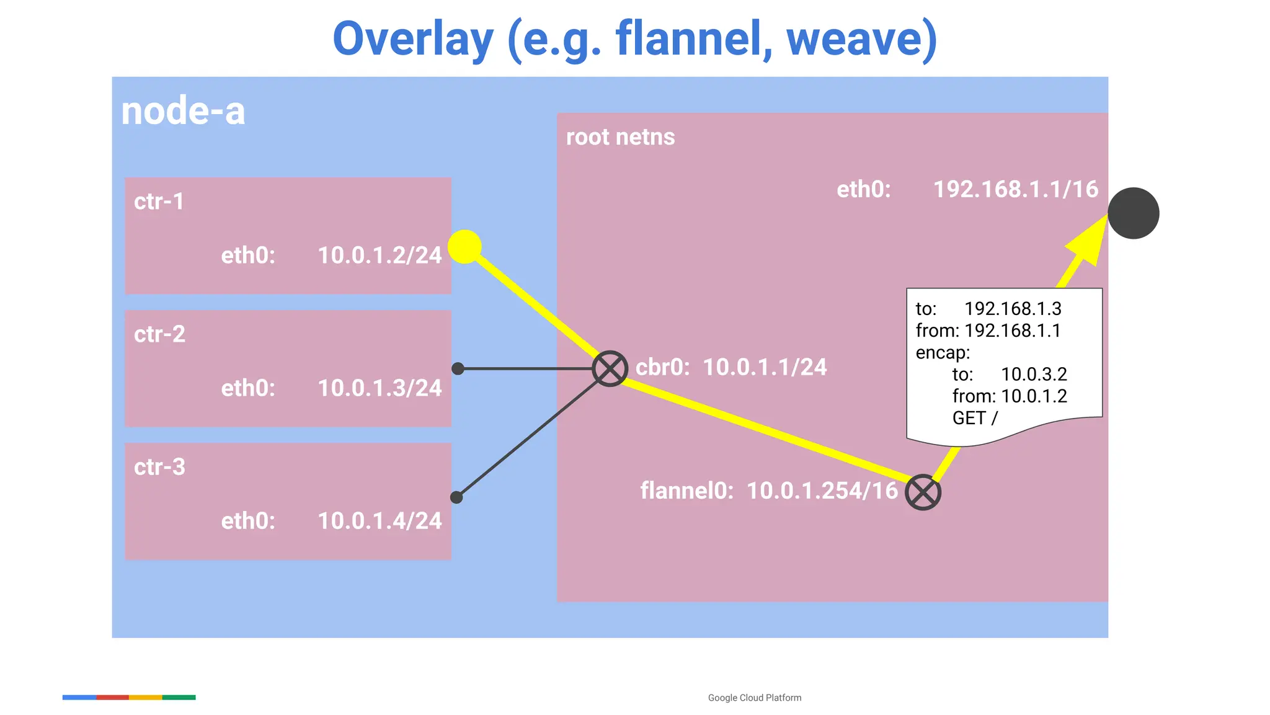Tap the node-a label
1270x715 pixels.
pyautogui.click(x=183, y=112)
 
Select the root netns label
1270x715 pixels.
pyautogui.click(x=620, y=137)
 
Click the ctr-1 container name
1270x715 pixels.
pyautogui.click(x=159, y=202)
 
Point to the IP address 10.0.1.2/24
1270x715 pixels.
pyautogui.click(x=380, y=255)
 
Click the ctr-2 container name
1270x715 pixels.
pyautogui.click(x=159, y=334)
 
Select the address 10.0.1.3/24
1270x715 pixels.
pyautogui.click(x=380, y=388)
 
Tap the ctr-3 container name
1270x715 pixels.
pyautogui.click(x=159, y=467)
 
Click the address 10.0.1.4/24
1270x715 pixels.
pyautogui.click(x=380, y=521)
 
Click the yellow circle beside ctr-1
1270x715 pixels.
pyautogui.click(x=464, y=246)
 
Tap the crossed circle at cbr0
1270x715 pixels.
pyautogui.click(x=610, y=369)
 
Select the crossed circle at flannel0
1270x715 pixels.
pyautogui.click(x=923, y=492)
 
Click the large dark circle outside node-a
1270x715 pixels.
pyautogui.click(x=1133, y=213)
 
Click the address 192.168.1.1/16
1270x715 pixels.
pyautogui.click(x=1016, y=189)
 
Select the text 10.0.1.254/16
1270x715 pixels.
pyautogui.click(x=822, y=491)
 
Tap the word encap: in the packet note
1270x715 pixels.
pyautogui.click(x=943, y=353)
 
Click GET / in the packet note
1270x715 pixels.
pyautogui.click(x=975, y=418)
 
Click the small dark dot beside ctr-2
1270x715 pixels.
pyautogui.click(x=458, y=369)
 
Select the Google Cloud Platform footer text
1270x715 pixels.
pyautogui.click(x=754, y=698)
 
